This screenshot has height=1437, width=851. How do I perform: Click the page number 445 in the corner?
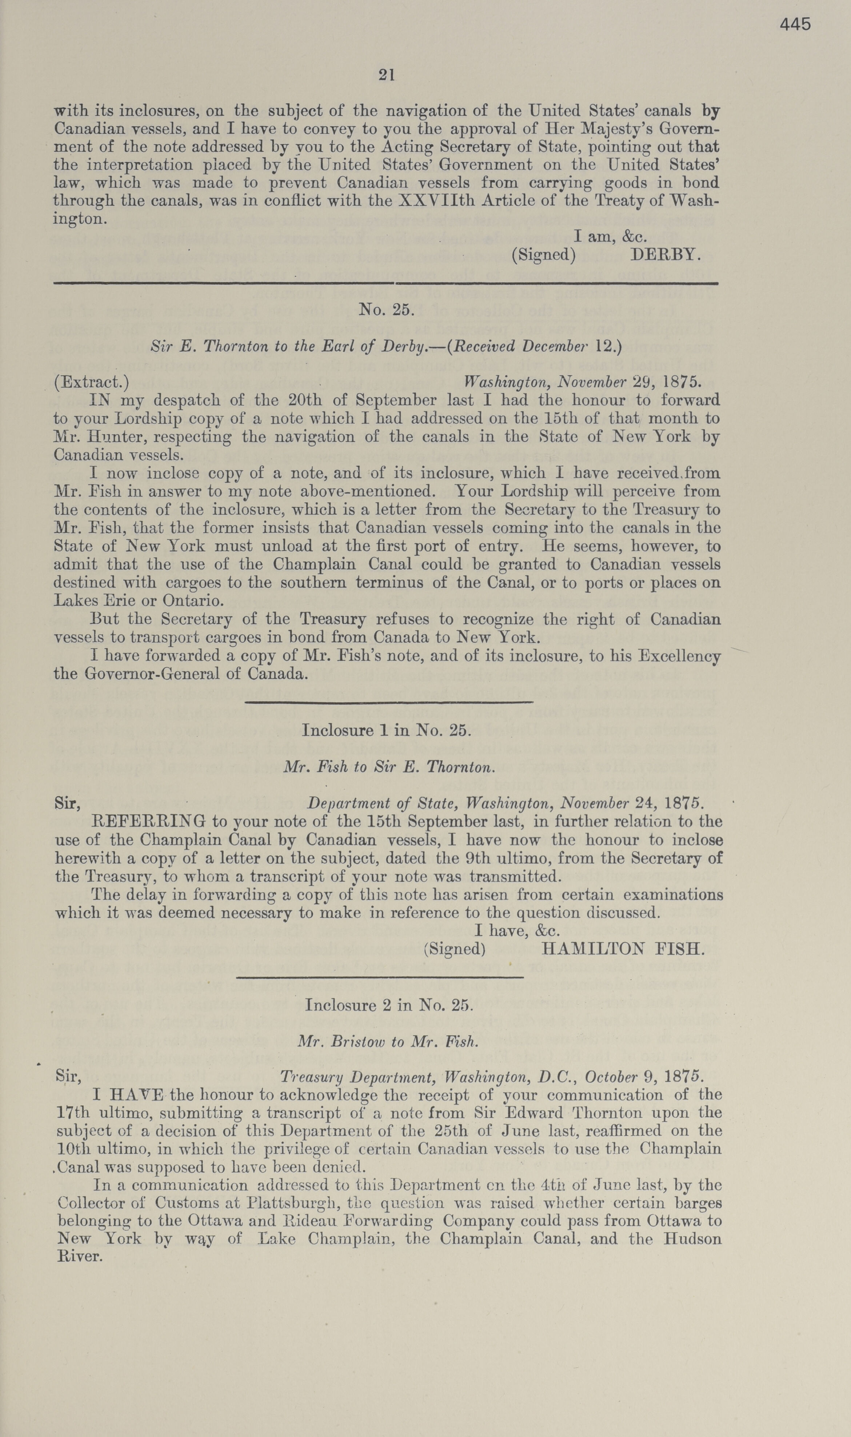(x=795, y=24)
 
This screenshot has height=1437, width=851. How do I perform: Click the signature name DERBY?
(x=665, y=255)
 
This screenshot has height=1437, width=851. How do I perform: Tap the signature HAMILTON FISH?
(x=623, y=949)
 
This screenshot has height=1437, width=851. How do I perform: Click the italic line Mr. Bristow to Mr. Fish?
(x=388, y=1041)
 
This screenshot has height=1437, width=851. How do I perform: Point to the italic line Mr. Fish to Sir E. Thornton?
(x=389, y=767)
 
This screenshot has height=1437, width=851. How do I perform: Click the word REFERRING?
(x=149, y=822)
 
